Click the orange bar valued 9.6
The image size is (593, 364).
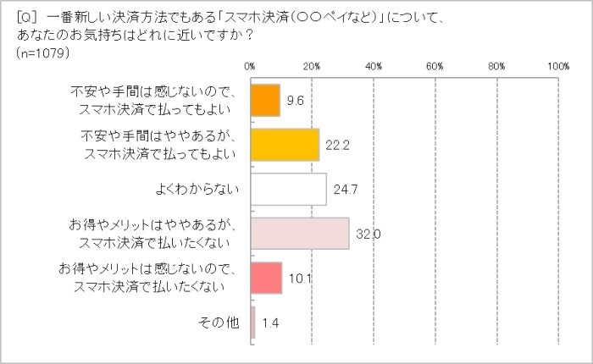tap(265, 100)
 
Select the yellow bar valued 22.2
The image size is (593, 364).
tap(285, 145)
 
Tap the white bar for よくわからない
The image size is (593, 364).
tap(288, 189)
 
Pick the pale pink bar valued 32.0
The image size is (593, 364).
tap(300, 234)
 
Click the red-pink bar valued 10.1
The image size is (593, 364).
tap(266, 278)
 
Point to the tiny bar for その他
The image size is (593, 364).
tap(252, 323)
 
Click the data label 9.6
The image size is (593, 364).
tap(295, 100)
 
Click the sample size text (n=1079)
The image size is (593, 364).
tap(42, 53)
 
